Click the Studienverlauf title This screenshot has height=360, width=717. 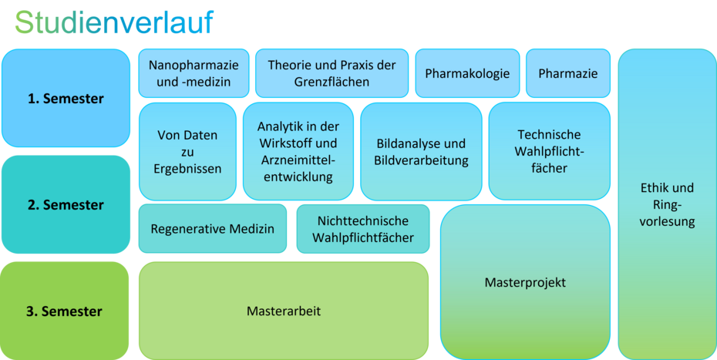pyautogui.click(x=114, y=22)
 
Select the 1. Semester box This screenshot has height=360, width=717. pyautogui.click(x=66, y=99)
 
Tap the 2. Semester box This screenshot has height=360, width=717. pyautogui.click(x=66, y=204)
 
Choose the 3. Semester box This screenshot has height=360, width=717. pyautogui.click(x=65, y=311)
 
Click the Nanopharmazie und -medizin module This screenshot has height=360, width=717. pyautogui.click(x=194, y=73)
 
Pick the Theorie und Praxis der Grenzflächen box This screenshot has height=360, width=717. pyautogui.click(x=332, y=73)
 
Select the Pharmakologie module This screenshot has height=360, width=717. pyautogui.click(x=467, y=73)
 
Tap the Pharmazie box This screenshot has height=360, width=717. pyautogui.click(x=568, y=73)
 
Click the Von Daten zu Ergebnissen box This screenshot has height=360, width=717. pyautogui.click(x=187, y=151)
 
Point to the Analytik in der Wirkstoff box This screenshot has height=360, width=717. pyautogui.click(x=298, y=151)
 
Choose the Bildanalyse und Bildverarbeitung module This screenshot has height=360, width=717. pyautogui.click(x=421, y=151)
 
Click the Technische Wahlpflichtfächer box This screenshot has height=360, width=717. pyautogui.click(x=549, y=151)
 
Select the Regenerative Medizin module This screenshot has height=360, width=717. pyautogui.click(x=213, y=228)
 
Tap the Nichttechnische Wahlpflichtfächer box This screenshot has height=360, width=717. pyautogui.click(x=363, y=229)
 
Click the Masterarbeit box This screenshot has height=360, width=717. pyautogui.click(x=284, y=311)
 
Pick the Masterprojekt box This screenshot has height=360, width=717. pyautogui.click(x=525, y=282)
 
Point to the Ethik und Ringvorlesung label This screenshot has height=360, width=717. pyautogui.click(x=667, y=204)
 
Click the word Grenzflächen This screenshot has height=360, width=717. pyautogui.click(x=332, y=82)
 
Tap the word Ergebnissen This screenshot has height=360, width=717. pyautogui.click(x=187, y=168)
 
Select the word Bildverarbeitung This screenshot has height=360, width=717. pyautogui.click(x=421, y=160)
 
